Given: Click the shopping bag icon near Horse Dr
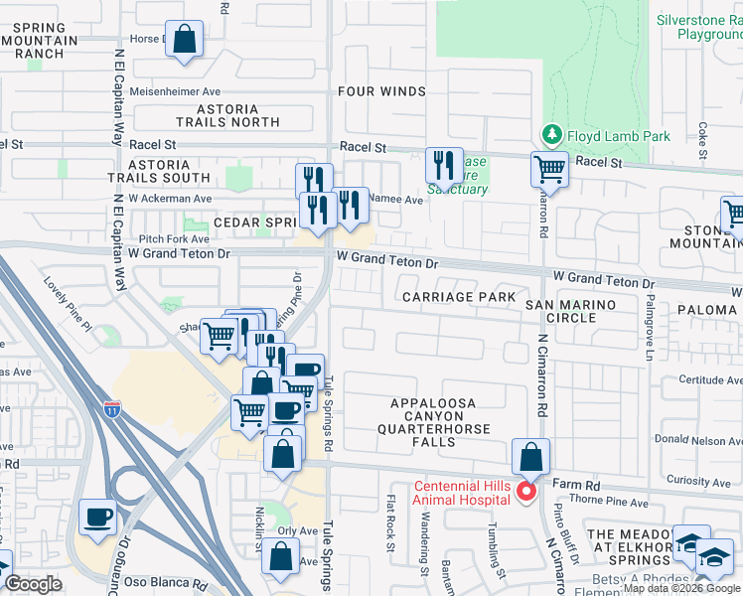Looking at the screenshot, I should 184,40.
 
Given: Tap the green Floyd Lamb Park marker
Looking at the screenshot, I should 550,134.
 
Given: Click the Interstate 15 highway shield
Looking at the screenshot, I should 112,407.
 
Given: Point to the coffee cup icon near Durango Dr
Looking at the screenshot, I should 97,517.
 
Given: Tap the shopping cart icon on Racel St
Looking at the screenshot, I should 548,169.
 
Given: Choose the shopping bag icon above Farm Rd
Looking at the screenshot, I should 531,458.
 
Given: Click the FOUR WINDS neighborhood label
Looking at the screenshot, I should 381,91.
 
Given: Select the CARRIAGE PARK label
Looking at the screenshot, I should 458,297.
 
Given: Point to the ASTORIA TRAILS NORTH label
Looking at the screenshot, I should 227,115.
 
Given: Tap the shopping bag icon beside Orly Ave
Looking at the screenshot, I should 281,556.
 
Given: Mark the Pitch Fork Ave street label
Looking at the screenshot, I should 174,238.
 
